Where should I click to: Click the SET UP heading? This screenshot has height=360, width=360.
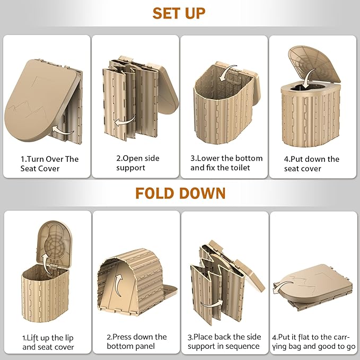[179, 13]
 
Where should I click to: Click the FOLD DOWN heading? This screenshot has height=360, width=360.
[180, 194]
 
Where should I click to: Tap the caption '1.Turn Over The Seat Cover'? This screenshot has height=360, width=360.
[49, 164]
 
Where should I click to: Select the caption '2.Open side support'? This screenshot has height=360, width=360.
[137, 163]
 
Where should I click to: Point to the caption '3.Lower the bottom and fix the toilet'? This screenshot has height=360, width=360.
[226, 163]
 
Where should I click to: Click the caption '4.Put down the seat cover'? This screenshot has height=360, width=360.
[312, 164]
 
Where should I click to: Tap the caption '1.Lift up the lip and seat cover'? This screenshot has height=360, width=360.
[48, 343]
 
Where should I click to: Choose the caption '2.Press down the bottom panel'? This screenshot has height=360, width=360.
[137, 341]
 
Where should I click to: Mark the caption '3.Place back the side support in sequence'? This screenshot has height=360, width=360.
[224, 341]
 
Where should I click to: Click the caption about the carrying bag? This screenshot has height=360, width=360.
[314, 342]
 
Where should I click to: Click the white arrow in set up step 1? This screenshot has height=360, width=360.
[63, 131]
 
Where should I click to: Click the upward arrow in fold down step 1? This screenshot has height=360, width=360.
[46, 265]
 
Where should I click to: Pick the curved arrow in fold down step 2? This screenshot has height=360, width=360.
[118, 285]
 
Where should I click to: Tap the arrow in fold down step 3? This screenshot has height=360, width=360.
[211, 304]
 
